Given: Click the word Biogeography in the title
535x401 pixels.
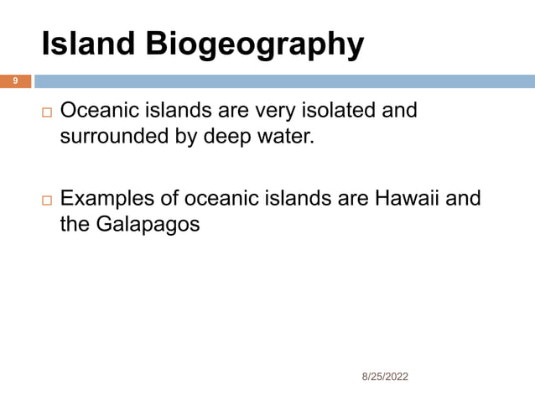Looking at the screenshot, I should (255, 45).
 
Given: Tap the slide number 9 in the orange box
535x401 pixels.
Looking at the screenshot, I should (14, 81).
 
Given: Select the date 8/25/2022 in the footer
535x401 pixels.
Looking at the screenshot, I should (385, 378).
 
